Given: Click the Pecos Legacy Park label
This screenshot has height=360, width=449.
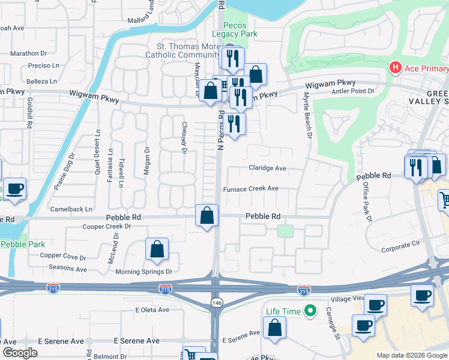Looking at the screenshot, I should tap(240, 29).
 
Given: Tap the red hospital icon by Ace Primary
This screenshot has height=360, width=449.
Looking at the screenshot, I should tap(395, 67).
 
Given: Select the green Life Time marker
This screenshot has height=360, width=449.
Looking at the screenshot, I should tap(310, 311).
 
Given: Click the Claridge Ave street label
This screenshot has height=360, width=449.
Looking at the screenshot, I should tap(268, 169).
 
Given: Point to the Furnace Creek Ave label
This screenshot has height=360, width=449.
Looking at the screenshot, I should tap(251, 188).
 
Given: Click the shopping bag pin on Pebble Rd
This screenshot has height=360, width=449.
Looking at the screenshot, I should tap(207, 216).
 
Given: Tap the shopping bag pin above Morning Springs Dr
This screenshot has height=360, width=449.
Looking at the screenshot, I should tap(157, 250).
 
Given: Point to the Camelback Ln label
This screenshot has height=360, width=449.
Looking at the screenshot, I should tap(71, 209).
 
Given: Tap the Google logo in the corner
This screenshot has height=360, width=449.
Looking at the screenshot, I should tap(19, 352).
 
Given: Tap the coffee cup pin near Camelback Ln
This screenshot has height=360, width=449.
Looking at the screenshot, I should tap(15, 188).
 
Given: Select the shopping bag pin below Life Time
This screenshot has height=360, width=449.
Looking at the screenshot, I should tap(274, 328).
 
